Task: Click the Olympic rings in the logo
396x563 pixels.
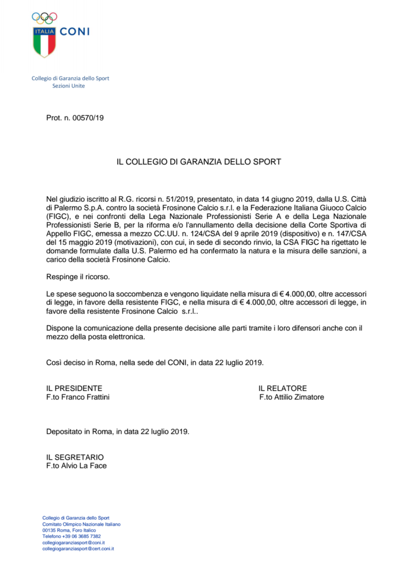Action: (45, 18)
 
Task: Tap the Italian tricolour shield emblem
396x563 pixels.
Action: (45, 41)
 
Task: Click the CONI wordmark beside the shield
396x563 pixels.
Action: (74, 32)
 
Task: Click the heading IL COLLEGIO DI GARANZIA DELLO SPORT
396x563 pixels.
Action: (199, 162)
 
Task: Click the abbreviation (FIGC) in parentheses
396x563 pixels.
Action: (58, 217)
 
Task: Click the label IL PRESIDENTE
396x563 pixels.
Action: (74, 388)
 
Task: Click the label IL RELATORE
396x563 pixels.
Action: (283, 388)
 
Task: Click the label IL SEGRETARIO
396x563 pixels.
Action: (75, 457)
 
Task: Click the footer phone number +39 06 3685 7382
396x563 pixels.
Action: (79, 536)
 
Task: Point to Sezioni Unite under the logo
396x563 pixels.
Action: (69, 86)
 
